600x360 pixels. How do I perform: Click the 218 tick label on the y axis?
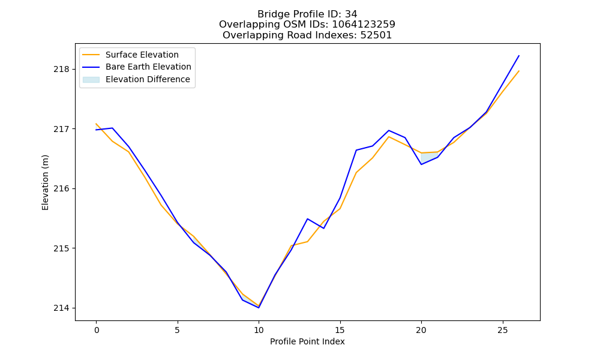tap(62, 69)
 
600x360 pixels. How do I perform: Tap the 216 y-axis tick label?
tap(62, 188)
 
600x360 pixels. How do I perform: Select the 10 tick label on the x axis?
tap(259, 330)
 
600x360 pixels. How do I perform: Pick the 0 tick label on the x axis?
tap(96, 330)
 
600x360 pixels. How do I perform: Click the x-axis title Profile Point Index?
tap(307, 341)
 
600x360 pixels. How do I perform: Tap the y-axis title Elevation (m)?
tap(45, 182)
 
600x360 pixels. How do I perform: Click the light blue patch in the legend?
tap(91, 80)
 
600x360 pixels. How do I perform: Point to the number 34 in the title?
tap(351, 14)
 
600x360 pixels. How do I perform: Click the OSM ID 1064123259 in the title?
tap(364, 25)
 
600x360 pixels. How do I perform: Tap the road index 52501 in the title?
tap(376, 35)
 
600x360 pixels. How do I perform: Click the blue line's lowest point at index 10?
tap(259, 308)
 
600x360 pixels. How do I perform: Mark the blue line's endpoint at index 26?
tap(519, 56)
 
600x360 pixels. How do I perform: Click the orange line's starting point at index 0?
tap(96, 124)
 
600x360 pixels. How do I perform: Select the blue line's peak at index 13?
tap(307, 219)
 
